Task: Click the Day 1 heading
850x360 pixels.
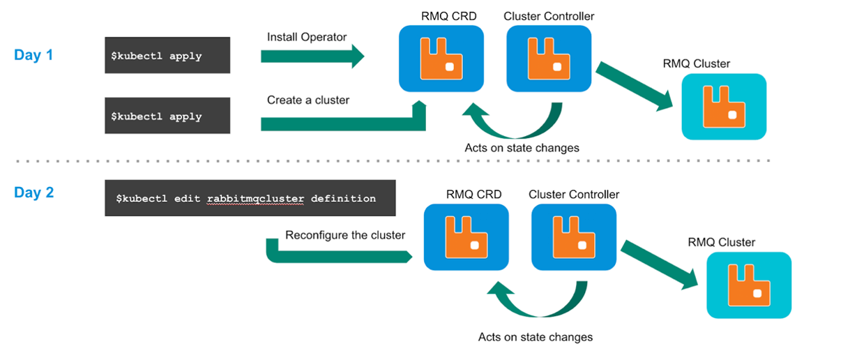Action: (33, 55)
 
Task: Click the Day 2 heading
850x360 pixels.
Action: (33, 193)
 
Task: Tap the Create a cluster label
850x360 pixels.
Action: (308, 100)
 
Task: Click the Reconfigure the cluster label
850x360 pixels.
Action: (345, 235)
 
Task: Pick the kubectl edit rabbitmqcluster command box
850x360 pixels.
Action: (250, 198)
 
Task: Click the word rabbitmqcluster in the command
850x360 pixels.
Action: (255, 198)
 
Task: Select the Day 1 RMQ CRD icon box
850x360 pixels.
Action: (441, 59)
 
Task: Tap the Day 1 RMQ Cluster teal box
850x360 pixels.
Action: (723, 107)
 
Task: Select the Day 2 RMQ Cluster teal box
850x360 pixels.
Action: (749, 285)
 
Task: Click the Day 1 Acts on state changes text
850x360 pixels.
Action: (522, 148)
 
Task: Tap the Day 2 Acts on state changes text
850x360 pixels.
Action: (535, 337)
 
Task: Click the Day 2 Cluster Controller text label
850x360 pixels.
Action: (574, 195)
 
